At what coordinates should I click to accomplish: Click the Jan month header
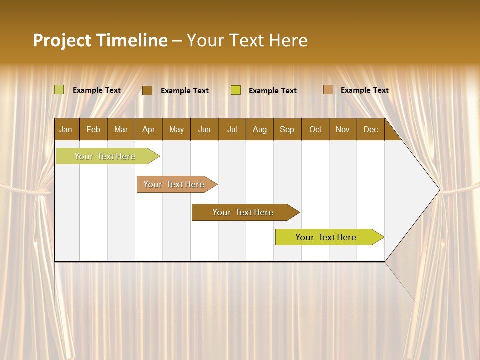(x=66, y=129)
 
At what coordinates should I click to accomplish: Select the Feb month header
(x=93, y=129)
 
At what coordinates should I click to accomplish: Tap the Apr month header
(x=148, y=129)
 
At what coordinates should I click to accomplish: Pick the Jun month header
(x=204, y=129)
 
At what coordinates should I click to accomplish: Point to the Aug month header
(x=259, y=129)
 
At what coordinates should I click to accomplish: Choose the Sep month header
(x=287, y=129)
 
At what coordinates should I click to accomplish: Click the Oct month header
(x=315, y=129)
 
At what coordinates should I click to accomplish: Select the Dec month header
(x=370, y=129)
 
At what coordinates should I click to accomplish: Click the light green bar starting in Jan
(x=105, y=156)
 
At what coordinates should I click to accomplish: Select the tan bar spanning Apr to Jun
(x=174, y=184)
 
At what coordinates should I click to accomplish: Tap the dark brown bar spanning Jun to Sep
(x=243, y=212)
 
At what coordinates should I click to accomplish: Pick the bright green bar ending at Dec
(x=326, y=237)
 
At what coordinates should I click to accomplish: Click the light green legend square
(x=59, y=90)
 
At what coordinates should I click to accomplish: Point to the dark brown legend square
(x=147, y=90)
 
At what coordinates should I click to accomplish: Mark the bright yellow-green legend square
(x=236, y=90)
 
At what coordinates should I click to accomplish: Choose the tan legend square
(x=328, y=90)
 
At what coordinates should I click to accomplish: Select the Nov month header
(x=342, y=129)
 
